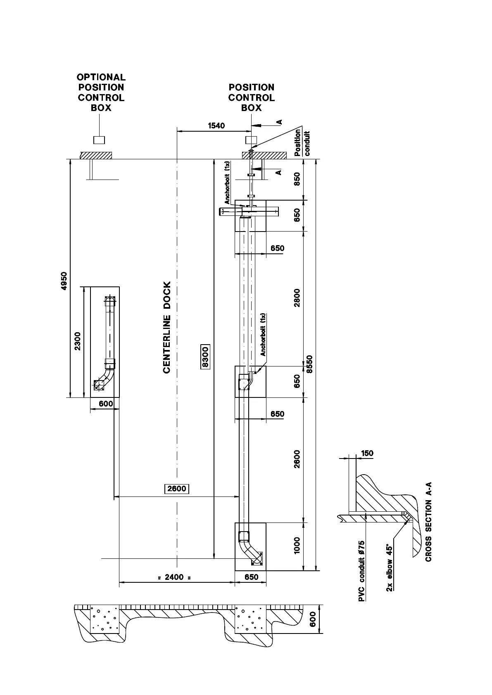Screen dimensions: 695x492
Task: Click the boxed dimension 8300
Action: point(205,356)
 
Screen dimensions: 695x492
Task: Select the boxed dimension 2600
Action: point(177,489)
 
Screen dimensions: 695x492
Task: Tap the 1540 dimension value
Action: point(216,125)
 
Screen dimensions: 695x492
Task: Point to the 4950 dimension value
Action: point(64,281)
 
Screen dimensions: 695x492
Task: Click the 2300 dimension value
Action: point(78,341)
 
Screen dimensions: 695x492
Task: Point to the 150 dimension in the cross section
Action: point(367,453)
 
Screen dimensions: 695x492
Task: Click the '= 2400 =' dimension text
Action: point(174,577)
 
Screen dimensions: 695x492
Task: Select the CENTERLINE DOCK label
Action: point(167,328)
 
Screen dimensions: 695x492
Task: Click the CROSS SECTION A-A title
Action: point(428,521)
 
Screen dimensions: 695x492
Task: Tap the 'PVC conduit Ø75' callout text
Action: point(361,571)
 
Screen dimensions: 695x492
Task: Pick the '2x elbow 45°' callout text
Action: point(389,567)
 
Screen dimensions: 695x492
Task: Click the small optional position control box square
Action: point(99,140)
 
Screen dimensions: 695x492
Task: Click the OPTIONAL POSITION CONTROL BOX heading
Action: point(101,92)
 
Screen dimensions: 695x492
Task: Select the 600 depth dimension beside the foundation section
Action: point(313,619)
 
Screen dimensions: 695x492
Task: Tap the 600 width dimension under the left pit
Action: point(106,404)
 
